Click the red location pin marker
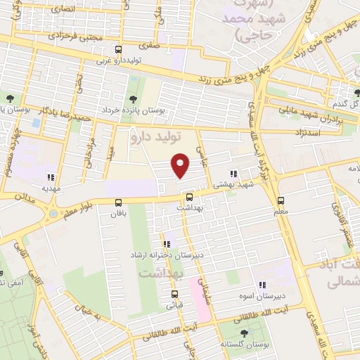pyautogui.click(x=181, y=165)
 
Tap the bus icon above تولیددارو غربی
pyautogui.click(x=118, y=50)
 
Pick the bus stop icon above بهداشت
pyautogui.click(x=189, y=196)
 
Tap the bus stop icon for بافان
pyautogui.click(x=118, y=202)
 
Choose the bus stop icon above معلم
pyautogui.click(x=281, y=200)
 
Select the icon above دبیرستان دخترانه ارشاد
pyautogui.click(x=167, y=243)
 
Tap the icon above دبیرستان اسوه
pyautogui.click(x=261, y=285)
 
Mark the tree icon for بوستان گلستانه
pyautogui.click(x=243, y=334)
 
